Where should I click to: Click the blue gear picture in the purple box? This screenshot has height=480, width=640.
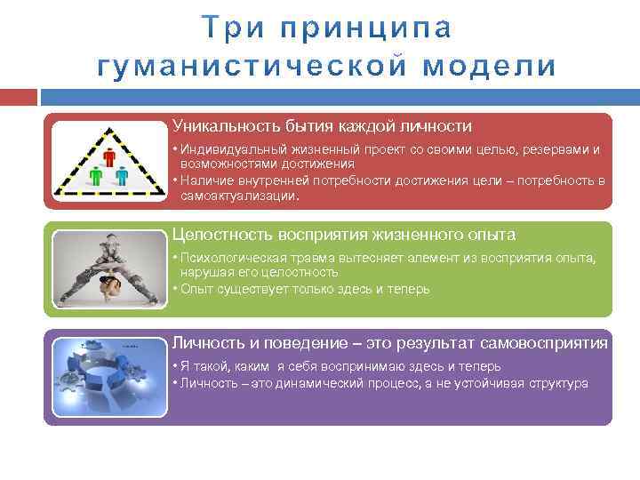pyautogui.click(x=108, y=377)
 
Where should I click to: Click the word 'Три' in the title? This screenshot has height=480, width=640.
pyautogui.click(x=229, y=28)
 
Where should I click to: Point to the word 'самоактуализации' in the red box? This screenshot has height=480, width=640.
pyautogui.click(x=239, y=195)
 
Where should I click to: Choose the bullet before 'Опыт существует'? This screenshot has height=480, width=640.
pyautogui.click(x=175, y=289)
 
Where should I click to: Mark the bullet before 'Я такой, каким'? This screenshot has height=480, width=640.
pyautogui.click(x=175, y=366)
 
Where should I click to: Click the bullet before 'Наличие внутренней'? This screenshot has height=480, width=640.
pyautogui.click(x=175, y=180)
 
